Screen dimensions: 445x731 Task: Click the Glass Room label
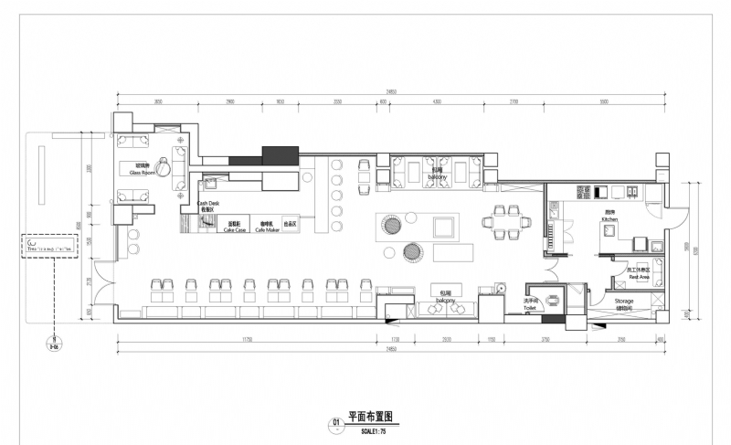(144, 169)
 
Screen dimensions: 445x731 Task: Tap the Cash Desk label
(208, 205)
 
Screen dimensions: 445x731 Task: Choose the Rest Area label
(638, 273)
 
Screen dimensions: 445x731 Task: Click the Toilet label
(530, 305)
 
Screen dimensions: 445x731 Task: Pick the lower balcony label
(445, 296)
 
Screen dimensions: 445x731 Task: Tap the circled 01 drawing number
(336, 422)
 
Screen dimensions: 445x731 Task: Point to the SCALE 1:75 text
(364, 430)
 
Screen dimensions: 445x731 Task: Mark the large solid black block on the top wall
(280, 153)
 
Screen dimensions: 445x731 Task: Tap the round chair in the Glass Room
(163, 166)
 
